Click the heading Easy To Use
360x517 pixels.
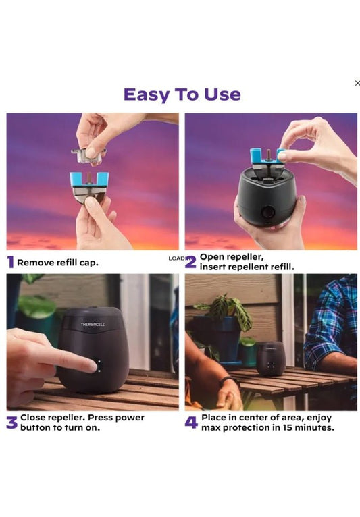coord(182,94)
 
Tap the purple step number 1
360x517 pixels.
coord(11,263)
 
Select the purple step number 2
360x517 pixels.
coord(190,262)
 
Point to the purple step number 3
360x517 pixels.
coord(12,423)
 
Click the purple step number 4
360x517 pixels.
coord(191,423)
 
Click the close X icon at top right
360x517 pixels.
coord(357,83)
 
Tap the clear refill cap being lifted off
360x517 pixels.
coord(88,155)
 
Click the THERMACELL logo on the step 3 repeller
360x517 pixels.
coord(93,325)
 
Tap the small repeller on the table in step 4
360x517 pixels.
coord(271,358)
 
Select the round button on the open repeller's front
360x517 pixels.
coord(267,212)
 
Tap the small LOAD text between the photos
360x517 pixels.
coord(177,258)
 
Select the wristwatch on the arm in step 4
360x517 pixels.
coord(228,381)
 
